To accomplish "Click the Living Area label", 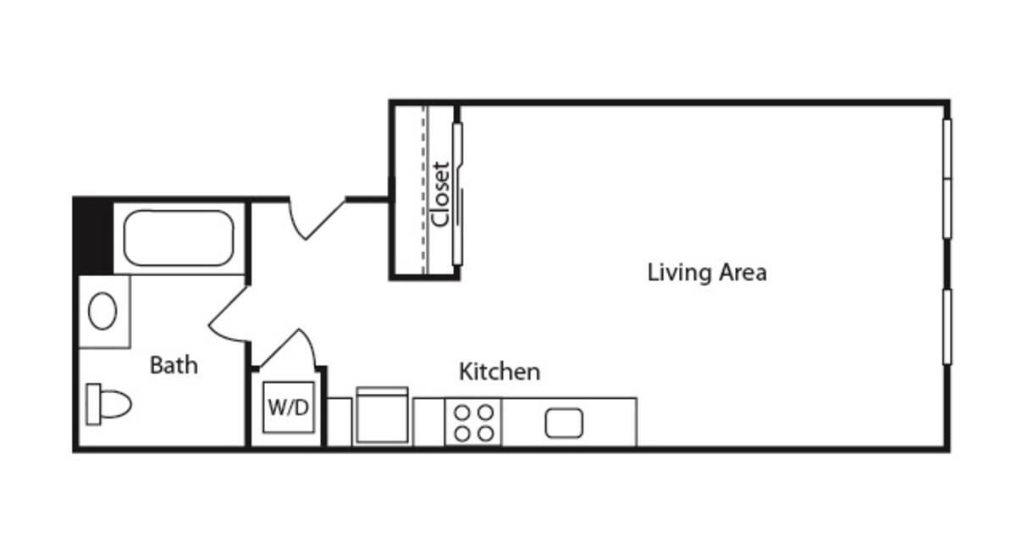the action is [707, 273].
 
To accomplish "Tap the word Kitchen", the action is [500, 371].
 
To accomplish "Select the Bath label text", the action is [174, 365].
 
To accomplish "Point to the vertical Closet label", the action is [439, 193].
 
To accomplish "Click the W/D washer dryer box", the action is [289, 407].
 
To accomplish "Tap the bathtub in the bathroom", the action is [178, 238].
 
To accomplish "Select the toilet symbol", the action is [108, 404].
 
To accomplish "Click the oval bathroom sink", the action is [102, 311].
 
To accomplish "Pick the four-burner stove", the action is [473, 422].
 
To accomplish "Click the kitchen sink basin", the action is [565, 423].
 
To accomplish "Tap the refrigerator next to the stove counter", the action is [382, 415].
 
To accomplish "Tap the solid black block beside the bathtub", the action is [92, 236].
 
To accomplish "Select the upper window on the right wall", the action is [947, 178].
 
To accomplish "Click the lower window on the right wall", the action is [947, 327].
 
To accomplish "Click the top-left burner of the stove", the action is [462, 412].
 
